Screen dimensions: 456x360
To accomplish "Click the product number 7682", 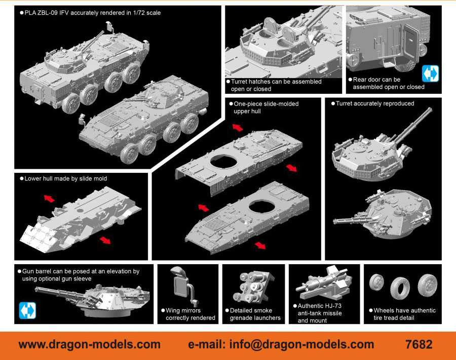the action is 419,345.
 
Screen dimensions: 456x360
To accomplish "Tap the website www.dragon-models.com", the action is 90,345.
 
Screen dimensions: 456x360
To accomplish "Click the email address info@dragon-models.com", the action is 301,345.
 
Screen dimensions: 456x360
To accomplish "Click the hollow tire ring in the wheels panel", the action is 400,288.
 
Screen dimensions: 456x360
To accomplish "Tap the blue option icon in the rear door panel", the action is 430,74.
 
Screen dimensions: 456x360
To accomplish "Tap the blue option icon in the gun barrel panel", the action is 27,310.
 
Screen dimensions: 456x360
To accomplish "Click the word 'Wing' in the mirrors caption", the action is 172,310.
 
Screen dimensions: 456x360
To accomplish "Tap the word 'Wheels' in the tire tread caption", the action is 385,310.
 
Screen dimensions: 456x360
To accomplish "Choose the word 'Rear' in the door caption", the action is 359,80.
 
